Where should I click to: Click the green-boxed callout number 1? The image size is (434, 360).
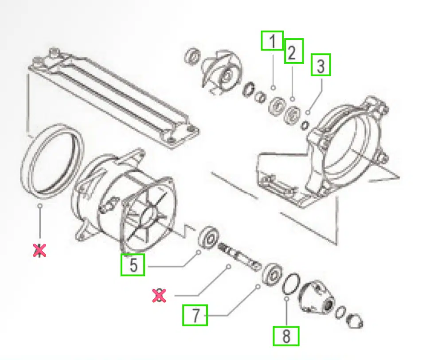coord(272,42)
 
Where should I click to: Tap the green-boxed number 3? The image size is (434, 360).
coord(321,66)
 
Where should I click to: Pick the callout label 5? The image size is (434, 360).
coord(133,265)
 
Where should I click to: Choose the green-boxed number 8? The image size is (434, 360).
coord(286,336)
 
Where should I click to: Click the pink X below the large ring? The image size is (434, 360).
coord(40,250)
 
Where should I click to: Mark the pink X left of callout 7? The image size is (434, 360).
coord(159,296)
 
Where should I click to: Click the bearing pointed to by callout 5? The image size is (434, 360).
coord(209,237)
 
